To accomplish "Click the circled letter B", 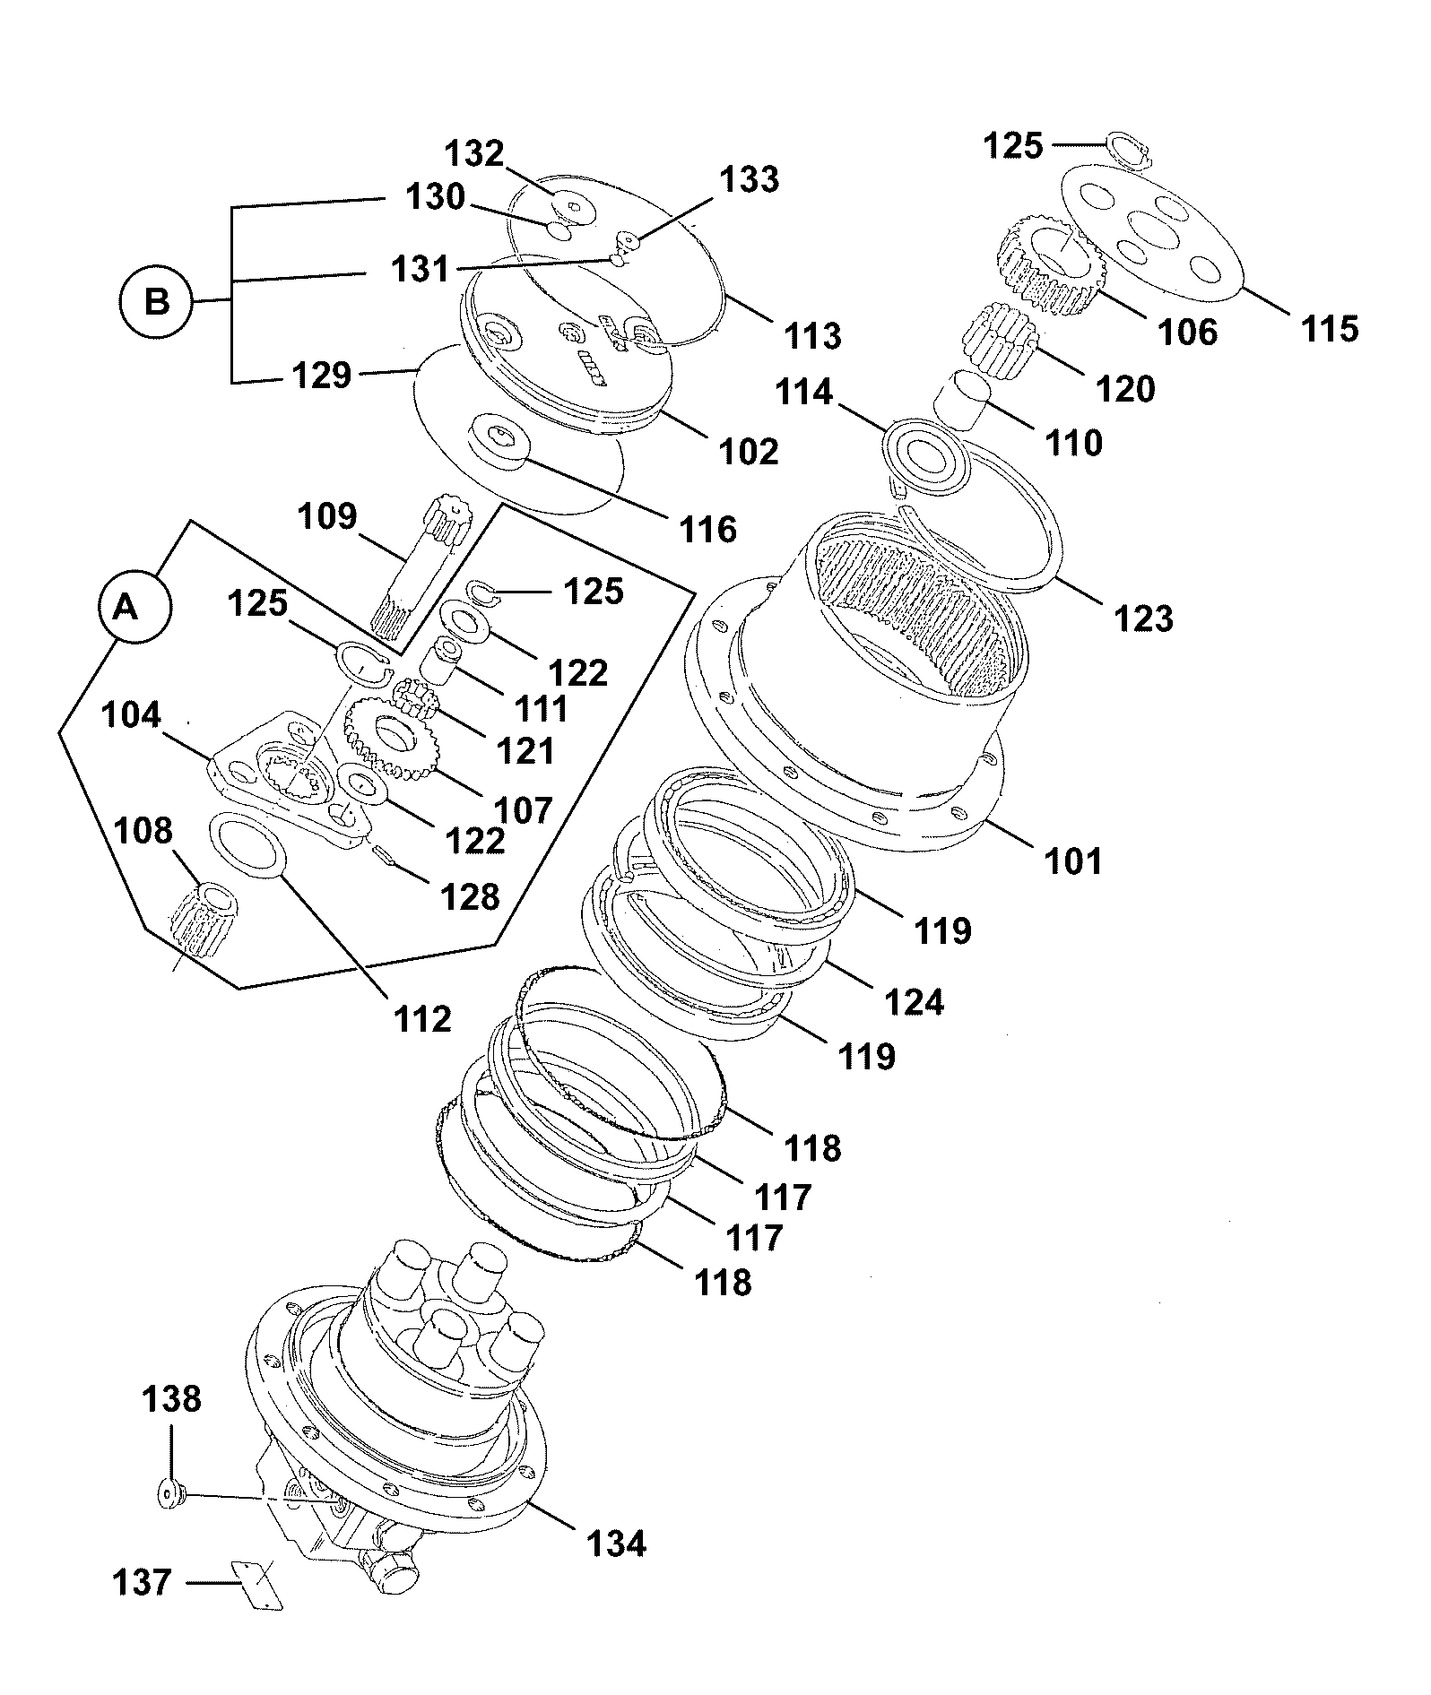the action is [157, 302].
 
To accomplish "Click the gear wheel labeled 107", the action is [387, 737].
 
